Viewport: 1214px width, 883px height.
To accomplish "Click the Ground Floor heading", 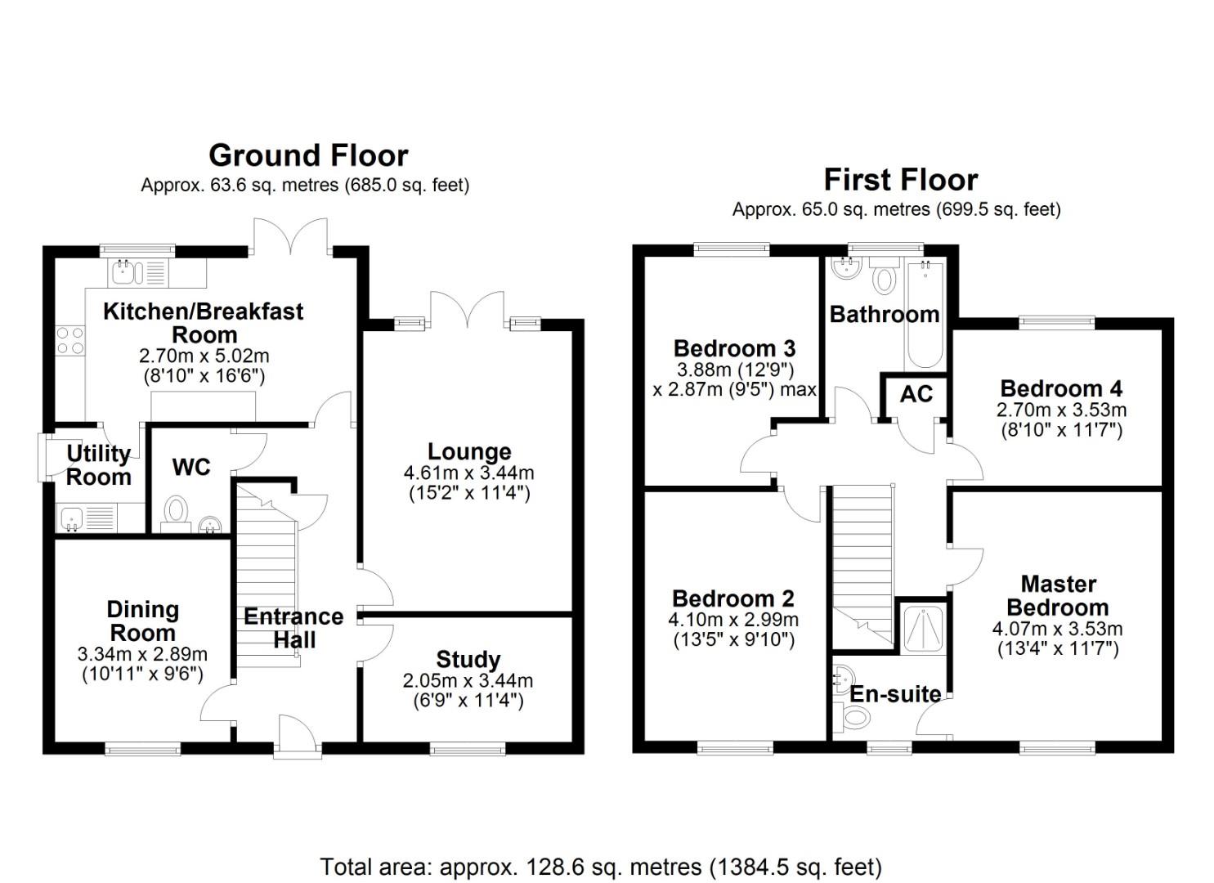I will click(x=308, y=155).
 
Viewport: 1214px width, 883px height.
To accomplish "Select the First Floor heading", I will click(x=900, y=180).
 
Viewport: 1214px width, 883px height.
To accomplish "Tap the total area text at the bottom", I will click(x=601, y=867).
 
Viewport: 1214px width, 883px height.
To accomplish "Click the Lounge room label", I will click(x=469, y=452).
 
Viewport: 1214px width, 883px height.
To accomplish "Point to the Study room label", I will click(x=468, y=660).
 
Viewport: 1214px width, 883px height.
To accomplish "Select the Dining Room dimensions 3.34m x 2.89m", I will click(x=142, y=655).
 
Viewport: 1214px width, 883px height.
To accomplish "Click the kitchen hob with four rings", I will click(x=69, y=340).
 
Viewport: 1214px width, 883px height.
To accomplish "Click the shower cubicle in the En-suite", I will click(x=923, y=628).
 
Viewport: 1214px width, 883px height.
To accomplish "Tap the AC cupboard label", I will click(x=916, y=394).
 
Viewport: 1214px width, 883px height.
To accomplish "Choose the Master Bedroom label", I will click(x=1058, y=596).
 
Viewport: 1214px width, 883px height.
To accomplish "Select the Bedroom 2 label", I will click(x=732, y=599).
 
